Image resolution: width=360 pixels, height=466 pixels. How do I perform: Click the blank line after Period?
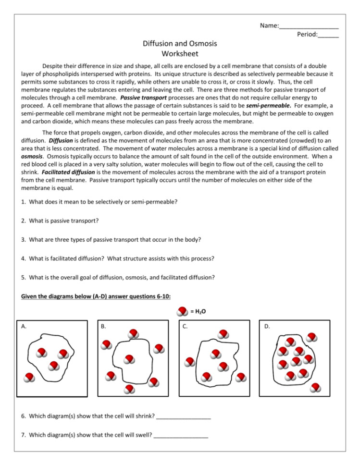coord(328,36)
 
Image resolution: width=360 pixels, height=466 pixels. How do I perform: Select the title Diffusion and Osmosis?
coord(180,44)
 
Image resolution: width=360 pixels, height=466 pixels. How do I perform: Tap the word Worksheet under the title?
coord(180,54)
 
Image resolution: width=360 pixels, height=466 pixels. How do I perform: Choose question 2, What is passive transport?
coord(60,221)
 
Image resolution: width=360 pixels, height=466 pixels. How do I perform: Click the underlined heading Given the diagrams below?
coord(96,296)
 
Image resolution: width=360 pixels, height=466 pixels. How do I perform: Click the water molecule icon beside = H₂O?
coord(183,311)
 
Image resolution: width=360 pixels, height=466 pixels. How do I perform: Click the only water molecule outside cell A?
coord(30,377)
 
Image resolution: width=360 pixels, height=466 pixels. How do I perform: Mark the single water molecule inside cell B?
coord(128,359)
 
